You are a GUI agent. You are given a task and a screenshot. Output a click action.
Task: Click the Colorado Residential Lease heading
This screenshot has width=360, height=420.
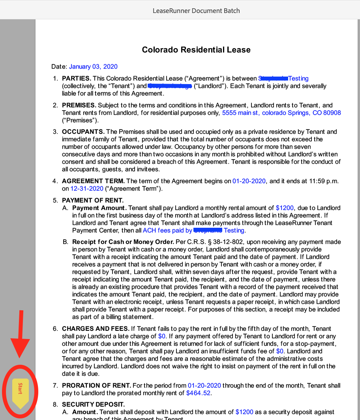[196, 50]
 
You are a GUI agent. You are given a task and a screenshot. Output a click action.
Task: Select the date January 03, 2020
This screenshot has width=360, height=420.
[93, 67]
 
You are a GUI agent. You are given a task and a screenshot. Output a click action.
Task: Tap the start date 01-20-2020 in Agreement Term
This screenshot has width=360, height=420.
[249, 181]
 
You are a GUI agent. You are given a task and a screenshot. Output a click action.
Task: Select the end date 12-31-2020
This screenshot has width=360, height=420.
[87, 189]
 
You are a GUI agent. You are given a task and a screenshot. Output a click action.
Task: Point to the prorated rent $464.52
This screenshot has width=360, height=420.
[198, 393]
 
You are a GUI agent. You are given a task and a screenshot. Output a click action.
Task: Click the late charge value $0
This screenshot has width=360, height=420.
[162, 336]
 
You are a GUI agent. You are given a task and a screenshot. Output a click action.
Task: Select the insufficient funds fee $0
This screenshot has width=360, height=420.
[280, 351]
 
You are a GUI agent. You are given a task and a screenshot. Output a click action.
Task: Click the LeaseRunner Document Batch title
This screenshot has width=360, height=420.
[196, 11]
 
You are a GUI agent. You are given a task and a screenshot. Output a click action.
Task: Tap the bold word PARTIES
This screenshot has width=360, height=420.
[77, 79]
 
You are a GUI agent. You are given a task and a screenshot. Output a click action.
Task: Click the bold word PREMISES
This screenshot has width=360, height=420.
[79, 105]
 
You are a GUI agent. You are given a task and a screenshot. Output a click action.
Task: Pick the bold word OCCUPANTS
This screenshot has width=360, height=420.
[83, 132]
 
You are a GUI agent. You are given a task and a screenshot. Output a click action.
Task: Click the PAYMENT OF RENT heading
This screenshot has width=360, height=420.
[93, 201]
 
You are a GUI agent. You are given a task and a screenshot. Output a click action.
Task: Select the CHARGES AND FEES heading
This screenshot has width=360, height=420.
[96, 329]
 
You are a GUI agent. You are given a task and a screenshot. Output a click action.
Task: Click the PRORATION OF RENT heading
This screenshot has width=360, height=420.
[96, 386]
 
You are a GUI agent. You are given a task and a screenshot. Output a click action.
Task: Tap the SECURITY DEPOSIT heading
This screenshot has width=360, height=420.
[93, 405]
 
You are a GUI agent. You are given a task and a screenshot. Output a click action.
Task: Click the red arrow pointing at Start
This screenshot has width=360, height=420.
[20, 336]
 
